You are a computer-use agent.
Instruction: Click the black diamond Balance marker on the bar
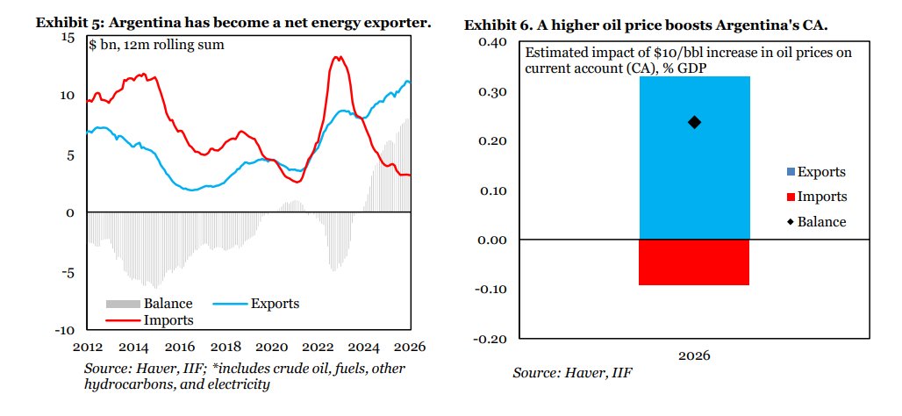694,122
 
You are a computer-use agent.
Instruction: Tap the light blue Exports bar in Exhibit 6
694,176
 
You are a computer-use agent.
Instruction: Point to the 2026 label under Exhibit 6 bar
694,356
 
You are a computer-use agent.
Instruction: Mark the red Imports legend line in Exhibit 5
122,320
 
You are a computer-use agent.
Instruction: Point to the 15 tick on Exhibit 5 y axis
69,38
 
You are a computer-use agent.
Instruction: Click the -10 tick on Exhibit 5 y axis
66,330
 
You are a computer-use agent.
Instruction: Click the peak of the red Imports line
337,58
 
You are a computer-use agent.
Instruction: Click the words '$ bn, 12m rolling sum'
156,45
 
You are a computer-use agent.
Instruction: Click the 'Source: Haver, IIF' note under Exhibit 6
572,374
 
